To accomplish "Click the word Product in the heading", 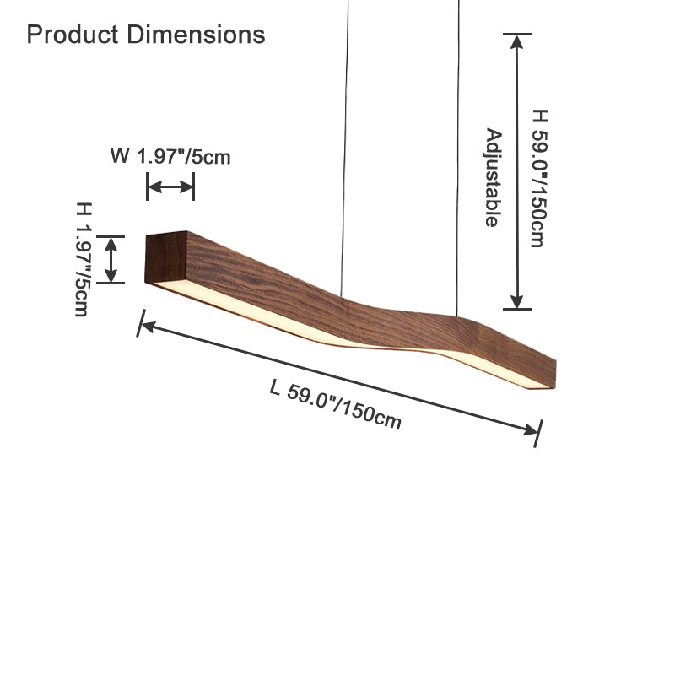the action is click(73, 35).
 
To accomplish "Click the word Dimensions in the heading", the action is click(197, 35).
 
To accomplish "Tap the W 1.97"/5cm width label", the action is click(170, 156).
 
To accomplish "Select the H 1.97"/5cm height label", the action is click(83, 259).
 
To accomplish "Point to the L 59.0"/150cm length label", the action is click(336, 404).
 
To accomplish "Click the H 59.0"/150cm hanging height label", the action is click(539, 178).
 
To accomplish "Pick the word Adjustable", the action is click(494, 177).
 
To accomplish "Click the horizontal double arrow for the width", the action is click(170, 186).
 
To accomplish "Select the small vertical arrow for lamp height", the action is click(111, 260).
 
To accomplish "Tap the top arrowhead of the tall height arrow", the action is click(517, 41).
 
